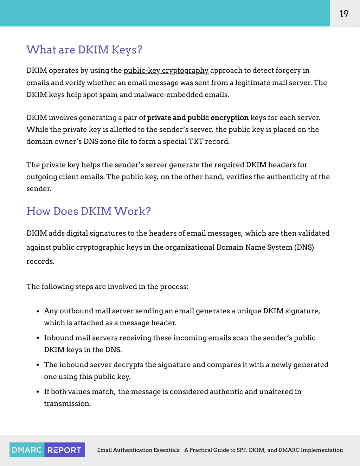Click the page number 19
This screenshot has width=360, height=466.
(344, 14)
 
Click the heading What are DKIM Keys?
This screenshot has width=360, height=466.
(84, 50)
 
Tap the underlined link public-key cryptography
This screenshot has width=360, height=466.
(166, 71)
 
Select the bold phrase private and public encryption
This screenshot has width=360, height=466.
(198, 118)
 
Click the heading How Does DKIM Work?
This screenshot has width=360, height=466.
(89, 211)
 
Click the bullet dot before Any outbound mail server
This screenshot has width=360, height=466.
(38, 312)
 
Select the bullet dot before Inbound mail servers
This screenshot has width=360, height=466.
(38, 338)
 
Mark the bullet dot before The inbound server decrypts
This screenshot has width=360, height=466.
(38, 365)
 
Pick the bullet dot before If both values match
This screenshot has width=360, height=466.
(38, 392)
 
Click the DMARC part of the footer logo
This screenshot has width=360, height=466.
(27, 450)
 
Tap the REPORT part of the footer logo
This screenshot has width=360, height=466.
(64, 450)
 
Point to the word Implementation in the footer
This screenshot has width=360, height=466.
(322, 450)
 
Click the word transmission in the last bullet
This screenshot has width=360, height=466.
(67, 404)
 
